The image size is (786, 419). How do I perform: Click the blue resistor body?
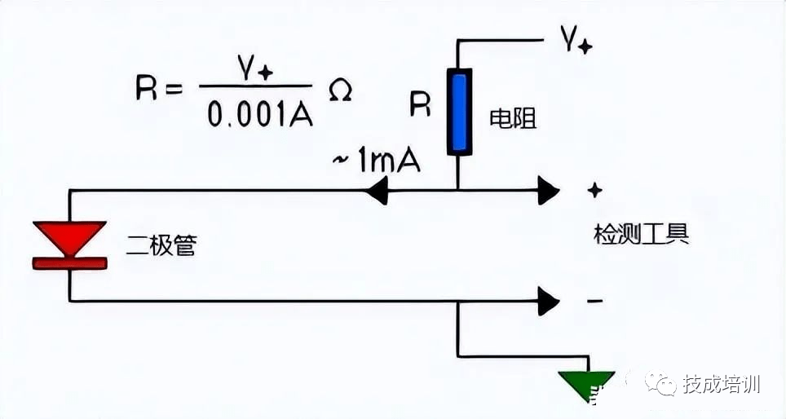(x=460, y=112)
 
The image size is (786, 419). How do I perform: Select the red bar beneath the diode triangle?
(x=69, y=262)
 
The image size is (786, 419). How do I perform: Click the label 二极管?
(x=161, y=245)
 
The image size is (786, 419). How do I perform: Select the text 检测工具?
(x=642, y=234)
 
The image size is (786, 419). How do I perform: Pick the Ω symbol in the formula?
(x=340, y=90)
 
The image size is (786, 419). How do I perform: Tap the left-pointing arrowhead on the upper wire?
(x=377, y=192)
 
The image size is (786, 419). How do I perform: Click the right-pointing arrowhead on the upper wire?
(x=548, y=192)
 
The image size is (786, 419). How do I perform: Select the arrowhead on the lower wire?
(x=548, y=302)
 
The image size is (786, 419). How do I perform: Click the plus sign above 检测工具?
(x=595, y=190)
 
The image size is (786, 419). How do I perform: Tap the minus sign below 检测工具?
(x=595, y=301)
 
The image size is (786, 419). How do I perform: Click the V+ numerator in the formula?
(x=256, y=70)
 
